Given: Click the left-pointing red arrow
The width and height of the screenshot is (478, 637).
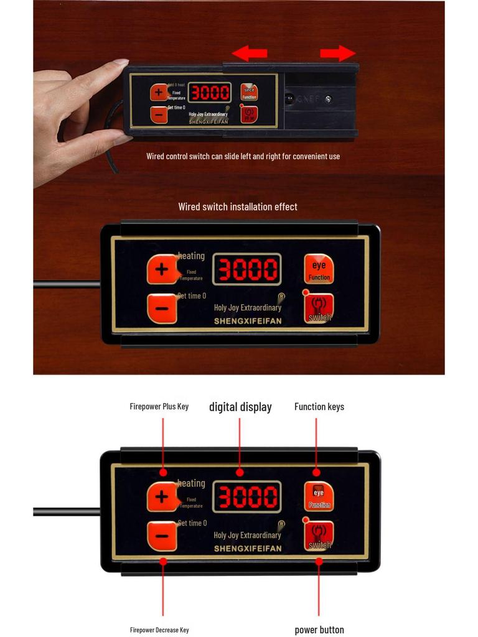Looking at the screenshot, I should [x=250, y=53].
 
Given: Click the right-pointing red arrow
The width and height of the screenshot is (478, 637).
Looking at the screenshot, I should [x=338, y=53].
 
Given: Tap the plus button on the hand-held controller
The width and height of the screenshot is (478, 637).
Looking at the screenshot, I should [x=159, y=93].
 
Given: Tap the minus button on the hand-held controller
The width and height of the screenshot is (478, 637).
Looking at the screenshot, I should [x=159, y=114].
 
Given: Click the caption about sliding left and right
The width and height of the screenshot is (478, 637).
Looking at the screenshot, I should [x=243, y=156].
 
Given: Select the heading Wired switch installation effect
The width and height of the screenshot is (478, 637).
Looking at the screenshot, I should [x=238, y=207].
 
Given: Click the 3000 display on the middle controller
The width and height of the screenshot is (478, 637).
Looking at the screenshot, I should [x=246, y=269].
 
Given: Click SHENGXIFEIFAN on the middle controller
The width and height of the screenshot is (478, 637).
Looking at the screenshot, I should [x=248, y=321].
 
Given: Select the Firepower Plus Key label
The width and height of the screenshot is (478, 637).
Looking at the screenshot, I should [x=159, y=407].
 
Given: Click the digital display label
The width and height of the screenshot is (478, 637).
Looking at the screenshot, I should [x=240, y=407].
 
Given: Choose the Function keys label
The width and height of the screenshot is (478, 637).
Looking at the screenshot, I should [x=319, y=407].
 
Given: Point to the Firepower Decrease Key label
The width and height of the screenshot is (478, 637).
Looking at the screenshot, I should [x=159, y=630].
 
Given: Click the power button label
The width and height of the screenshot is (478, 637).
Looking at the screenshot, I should [x=319, y=630].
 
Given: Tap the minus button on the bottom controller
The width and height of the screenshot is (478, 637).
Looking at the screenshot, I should [x=162, y=536].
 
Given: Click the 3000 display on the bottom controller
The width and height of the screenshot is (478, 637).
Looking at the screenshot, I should [x=246, y=497].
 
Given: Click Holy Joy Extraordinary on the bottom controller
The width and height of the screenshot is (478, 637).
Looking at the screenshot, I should [x=247, y=535].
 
